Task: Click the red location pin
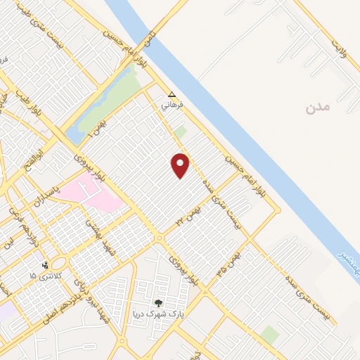[x=181, y=165]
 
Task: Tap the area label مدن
[x=317, y=108]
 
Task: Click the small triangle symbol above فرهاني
[x=172, y=94]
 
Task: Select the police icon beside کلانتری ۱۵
[x=46, y=266]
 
